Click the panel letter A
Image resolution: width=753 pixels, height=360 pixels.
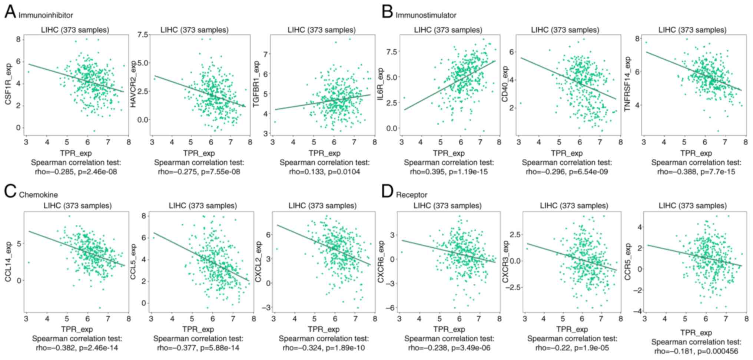pyautogui.click(x=10, y=12)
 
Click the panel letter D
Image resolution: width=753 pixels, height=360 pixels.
pyautogui.click(x=387, y=192)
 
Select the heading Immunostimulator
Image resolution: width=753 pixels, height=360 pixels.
pyautogui.click(x=426, y=15)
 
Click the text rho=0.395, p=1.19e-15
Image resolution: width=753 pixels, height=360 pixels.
pyautogui.click(x=449, y=172)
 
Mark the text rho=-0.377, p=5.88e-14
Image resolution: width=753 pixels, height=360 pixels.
pyautogui.click(x=198, y=348)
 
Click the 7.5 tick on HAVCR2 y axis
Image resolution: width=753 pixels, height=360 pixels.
pyautogui.click(x=143, y=34)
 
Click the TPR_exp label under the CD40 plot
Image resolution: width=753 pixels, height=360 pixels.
pyautogui.click(x=567, y=153)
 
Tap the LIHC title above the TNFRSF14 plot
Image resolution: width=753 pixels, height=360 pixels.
pyautogui.click(x=692, y=30)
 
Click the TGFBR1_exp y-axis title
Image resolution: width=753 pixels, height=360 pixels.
pyautogui.click(x=256, y=85)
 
